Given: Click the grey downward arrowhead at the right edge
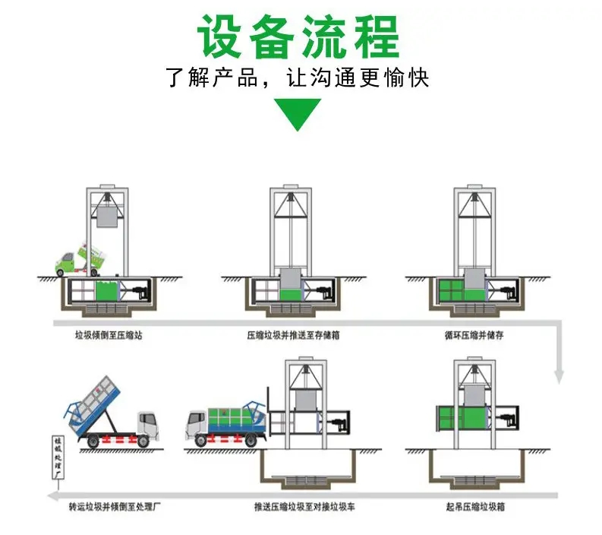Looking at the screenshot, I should [559, 375].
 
